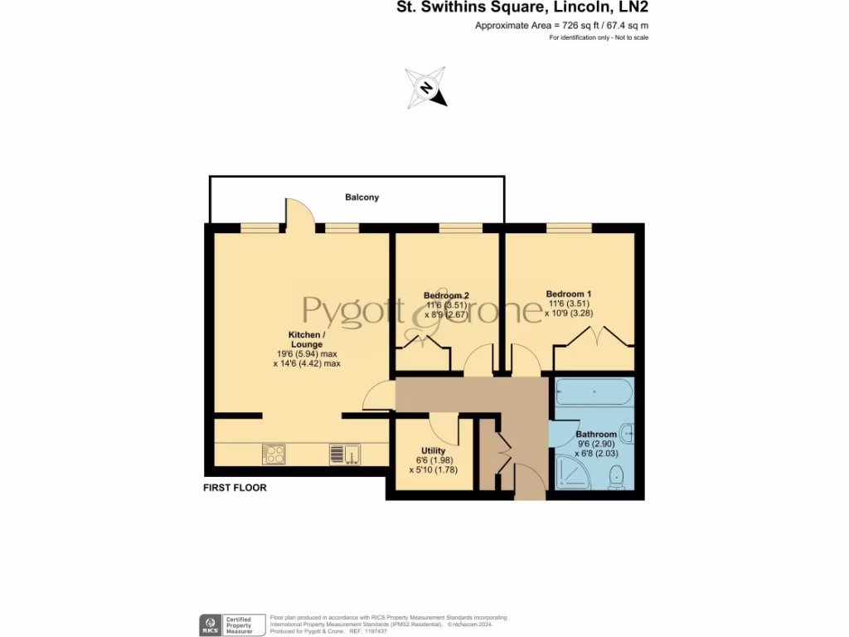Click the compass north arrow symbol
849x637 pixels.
pos(426,88)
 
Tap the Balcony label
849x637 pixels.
pos(361,197)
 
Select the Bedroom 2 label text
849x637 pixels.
pos(446,295)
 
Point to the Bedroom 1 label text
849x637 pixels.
pos(568,294)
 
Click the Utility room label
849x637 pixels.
pos(433,450)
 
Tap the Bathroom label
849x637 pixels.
pos(596,435)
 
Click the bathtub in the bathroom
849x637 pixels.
pos(594,391)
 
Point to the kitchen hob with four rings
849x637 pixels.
pos(274,454)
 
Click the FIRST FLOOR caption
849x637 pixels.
pos(235,488)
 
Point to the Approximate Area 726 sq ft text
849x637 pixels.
pos(561,26)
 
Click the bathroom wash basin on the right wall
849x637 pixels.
pos(629,431)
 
